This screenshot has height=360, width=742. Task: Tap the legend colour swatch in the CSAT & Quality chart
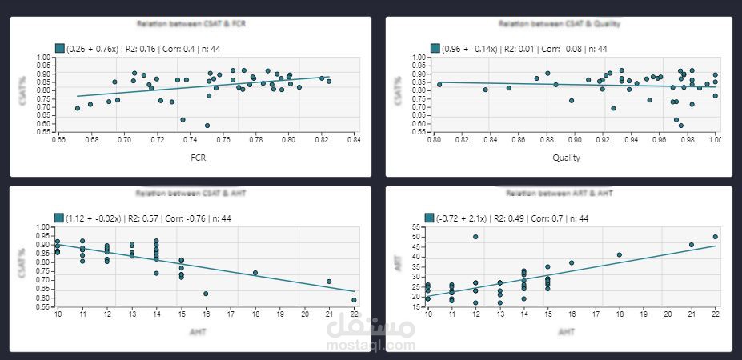(435, 49)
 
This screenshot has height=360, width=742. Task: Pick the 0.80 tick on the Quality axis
(435, 140)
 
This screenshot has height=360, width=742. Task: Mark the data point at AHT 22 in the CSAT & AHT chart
(354, 300)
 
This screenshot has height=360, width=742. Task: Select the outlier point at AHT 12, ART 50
(475, 237)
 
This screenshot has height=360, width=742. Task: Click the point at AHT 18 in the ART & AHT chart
(619, 254)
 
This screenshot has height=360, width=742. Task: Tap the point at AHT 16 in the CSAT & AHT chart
(206, 294)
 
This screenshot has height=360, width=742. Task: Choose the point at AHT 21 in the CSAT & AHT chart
(329, 282)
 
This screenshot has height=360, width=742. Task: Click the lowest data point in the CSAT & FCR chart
(207, 126)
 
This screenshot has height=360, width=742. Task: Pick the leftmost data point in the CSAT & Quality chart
(439, 84)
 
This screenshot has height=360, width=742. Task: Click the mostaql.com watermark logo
(373, 334)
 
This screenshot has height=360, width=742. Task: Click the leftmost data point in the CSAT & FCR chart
(78, 108)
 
